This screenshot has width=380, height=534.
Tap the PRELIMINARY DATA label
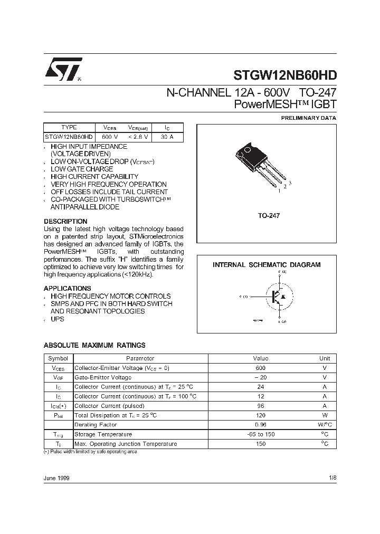point(308,118)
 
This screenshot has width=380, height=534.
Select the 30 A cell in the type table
point(167,137)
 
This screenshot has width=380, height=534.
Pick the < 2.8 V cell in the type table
point(138,137)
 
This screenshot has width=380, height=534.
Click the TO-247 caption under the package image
point(269,216)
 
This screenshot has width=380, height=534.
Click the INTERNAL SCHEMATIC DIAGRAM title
point(267,265)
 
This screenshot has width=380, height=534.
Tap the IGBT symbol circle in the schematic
point(275,297)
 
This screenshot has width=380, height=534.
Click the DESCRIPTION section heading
point(65,221)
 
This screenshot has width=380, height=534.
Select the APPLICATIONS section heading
point(67,289)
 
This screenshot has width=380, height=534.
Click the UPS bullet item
point(58,320)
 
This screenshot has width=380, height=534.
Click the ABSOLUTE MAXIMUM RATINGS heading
point(94,345)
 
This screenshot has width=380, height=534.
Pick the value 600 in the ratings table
point(260,368)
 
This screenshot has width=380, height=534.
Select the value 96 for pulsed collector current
point(260,406)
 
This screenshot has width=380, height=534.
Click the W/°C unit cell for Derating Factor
point(325,425)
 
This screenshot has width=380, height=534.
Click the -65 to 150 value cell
point(260,434)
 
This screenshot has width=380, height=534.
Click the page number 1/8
point(331,478)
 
